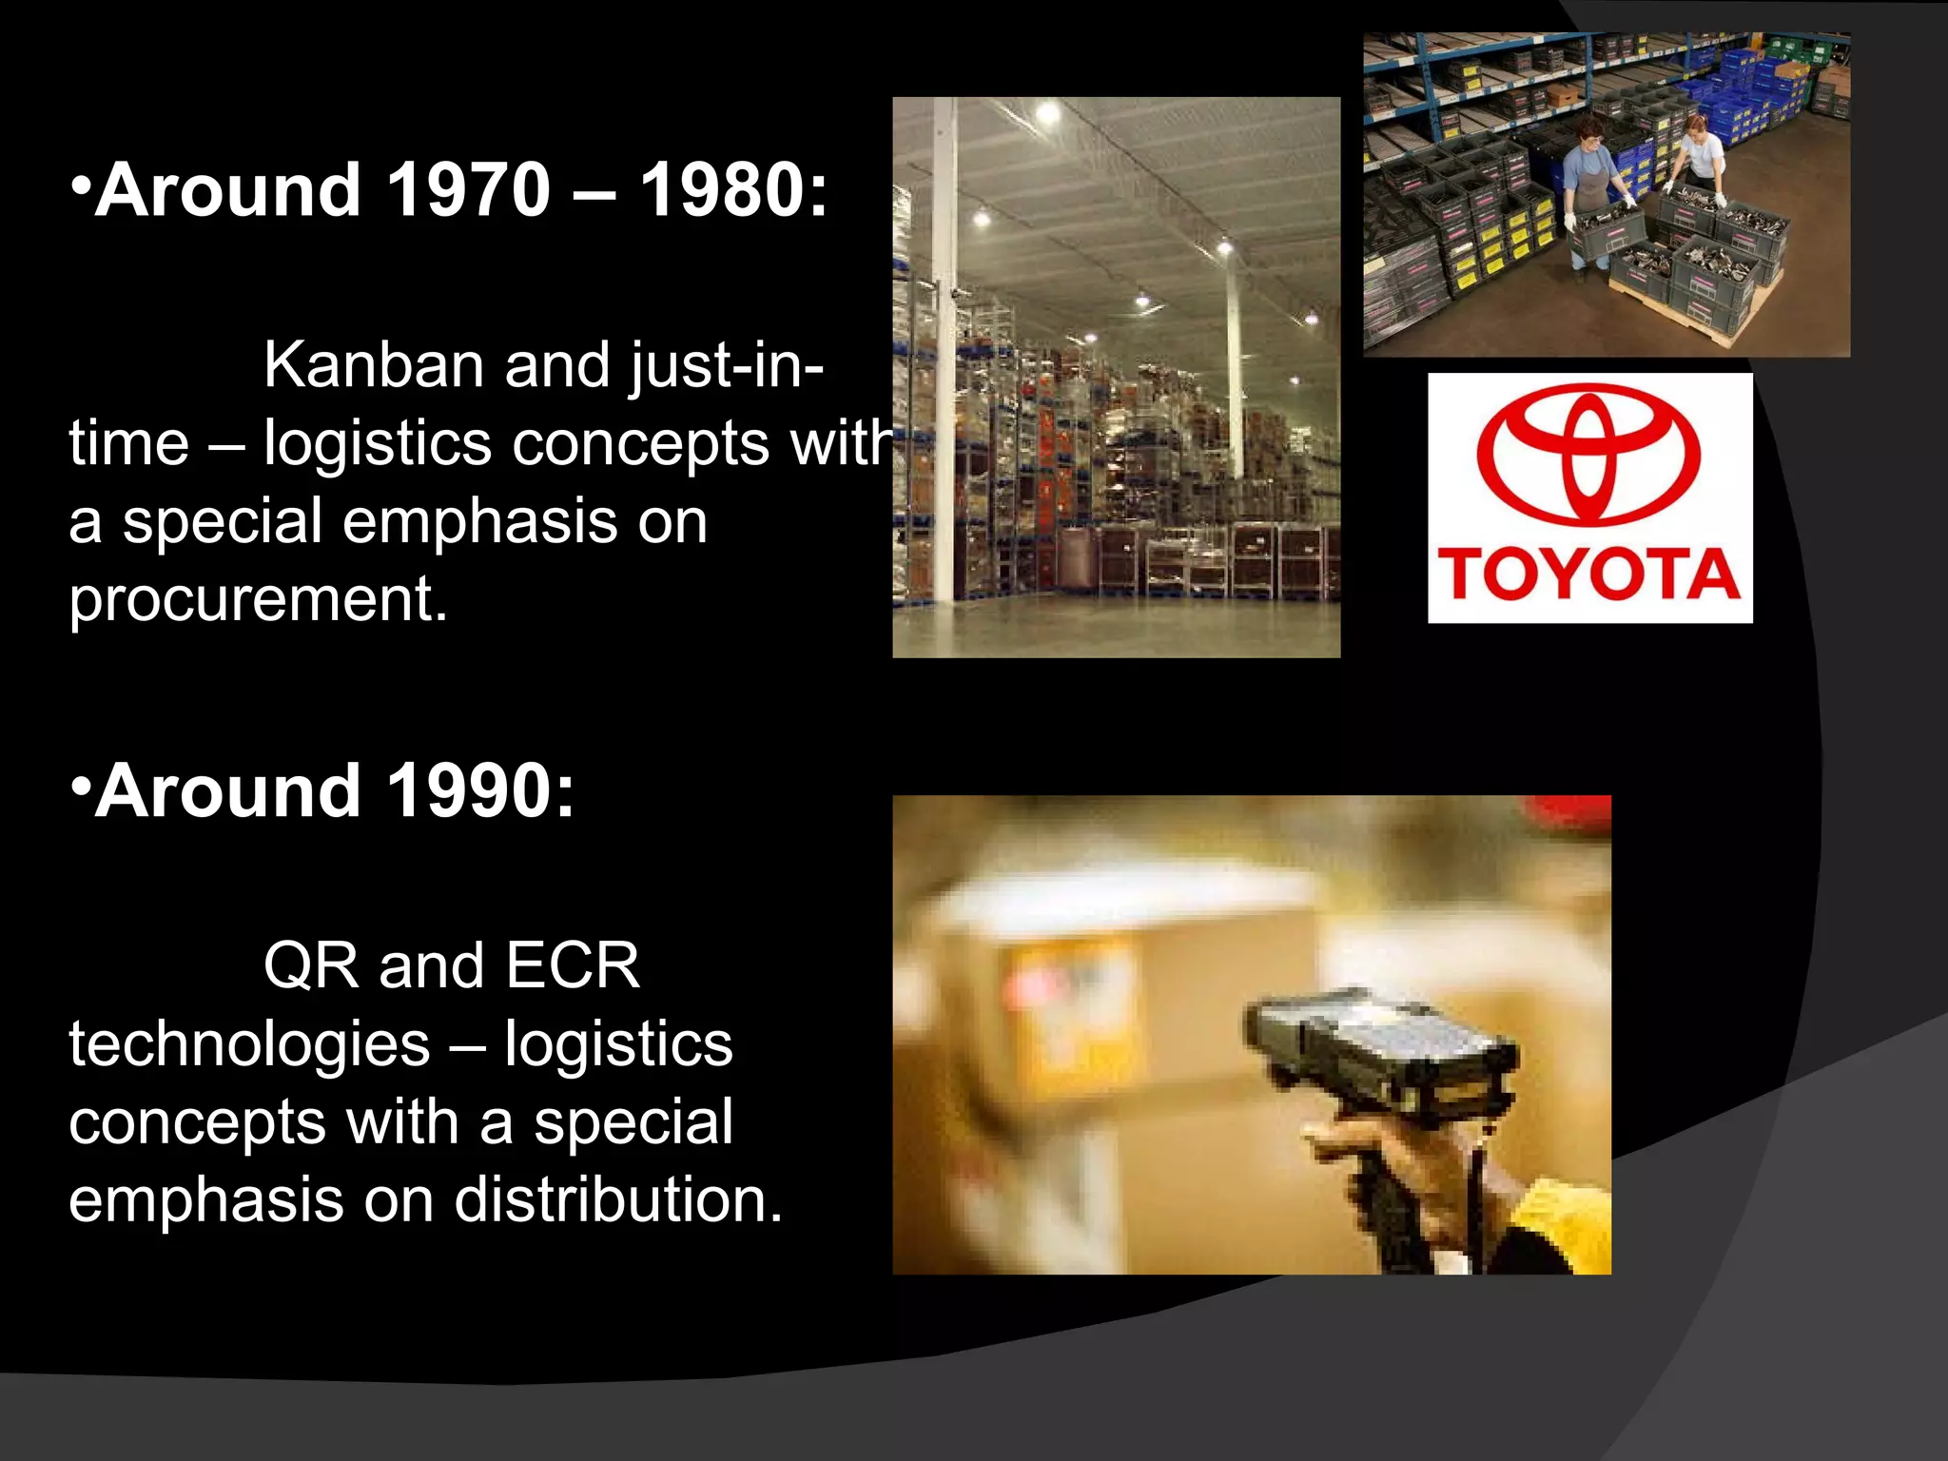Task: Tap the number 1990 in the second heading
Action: (468, 790)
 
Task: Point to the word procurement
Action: (258, 600)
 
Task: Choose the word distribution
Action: (617, 1199)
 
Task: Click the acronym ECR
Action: (573, 966)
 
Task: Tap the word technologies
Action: (249, 1044)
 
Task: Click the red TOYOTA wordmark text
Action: (1588, 575)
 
